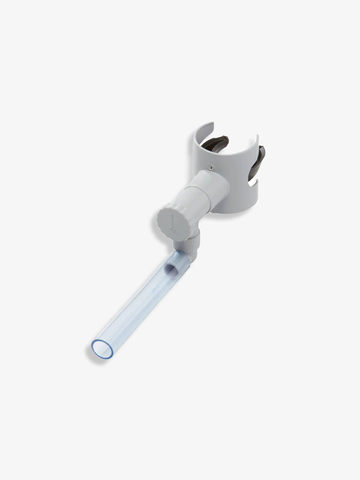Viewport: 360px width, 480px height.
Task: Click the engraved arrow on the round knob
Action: [173, 224]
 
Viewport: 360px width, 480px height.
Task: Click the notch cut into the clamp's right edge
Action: [254, 184]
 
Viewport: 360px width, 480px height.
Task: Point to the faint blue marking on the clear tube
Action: [156, 286]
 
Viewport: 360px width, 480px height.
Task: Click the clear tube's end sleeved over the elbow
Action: [176, 262]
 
